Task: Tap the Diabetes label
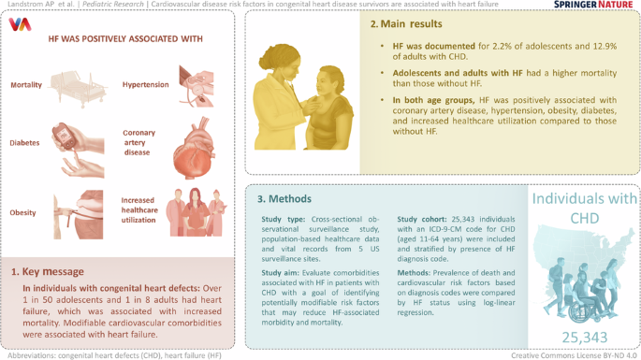coord(24,143)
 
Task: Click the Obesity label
coord(23,212)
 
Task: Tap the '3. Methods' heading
coord(289,199)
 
